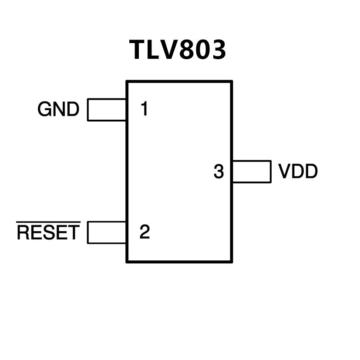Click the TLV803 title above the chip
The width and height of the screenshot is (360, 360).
(178, 50)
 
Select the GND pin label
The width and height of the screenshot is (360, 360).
(58, 110)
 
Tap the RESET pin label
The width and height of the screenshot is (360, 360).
(48, 233)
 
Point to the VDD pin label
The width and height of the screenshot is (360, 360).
(298, 172)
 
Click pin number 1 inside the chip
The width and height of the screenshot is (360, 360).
(145, 109)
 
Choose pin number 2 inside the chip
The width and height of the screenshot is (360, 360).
(145, 232)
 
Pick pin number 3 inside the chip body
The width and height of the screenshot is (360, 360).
(219, 172)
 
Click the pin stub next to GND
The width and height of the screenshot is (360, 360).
(107, 110)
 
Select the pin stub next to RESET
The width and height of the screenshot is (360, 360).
(107, 232)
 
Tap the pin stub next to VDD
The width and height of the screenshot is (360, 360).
(251, 172)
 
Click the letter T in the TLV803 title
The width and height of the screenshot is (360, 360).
(138, 50)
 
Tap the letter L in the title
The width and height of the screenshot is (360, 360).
(153, 50)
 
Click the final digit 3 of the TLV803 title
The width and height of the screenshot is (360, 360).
(219, 50)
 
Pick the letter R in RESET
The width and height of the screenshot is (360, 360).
(23, 233)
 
